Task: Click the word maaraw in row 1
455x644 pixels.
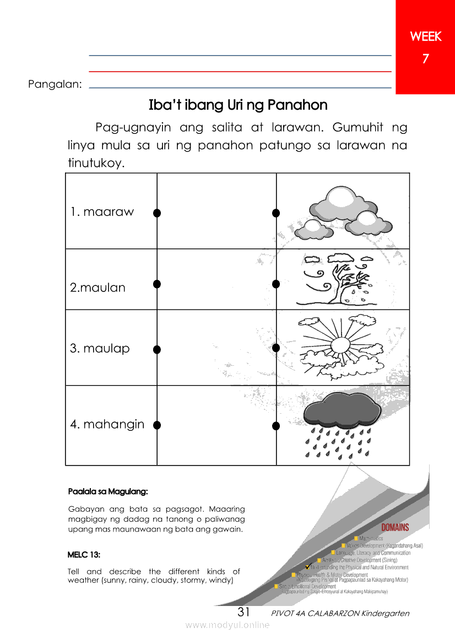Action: [108, 212]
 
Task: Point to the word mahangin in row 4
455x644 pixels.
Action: [114, 424]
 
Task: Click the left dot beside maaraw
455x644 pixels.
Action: [157, 213]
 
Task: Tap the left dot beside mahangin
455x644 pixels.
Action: [157, 425]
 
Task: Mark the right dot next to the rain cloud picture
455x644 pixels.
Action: [276, 425]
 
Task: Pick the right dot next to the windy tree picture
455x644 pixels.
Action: [276, 284]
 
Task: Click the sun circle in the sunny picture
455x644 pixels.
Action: [339, 346]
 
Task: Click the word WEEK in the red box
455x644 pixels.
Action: [425, 37]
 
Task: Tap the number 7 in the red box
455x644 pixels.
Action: [425, 59]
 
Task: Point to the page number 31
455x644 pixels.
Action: [244, 612]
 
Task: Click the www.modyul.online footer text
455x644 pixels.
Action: [227, 625]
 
